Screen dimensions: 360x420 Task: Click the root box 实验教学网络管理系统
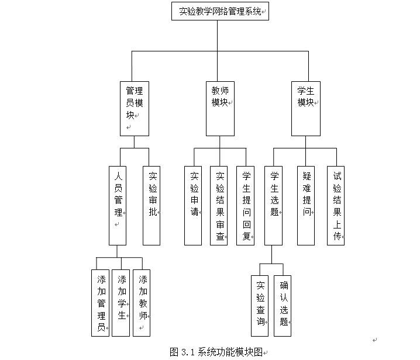(x=220, y=11)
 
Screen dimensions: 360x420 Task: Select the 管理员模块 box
(x=134, y=108)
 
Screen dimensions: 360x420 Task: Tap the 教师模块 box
(x=220, y=108)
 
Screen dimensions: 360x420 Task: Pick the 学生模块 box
(x=306, y=108)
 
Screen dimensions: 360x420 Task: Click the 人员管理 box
(x=118, y=205)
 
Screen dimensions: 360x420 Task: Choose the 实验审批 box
(x=152, y=205)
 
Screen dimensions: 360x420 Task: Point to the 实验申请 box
(x=193, y=205)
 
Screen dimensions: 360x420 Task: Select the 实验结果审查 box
(x=219, y=205)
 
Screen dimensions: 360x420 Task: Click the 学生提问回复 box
(x=246, y=205)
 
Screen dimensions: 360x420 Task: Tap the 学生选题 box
(x=273, y=205)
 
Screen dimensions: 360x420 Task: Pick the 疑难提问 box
(x=306, y=205)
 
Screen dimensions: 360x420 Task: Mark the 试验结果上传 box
(x=336, y=205)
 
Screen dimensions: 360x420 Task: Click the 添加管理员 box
(x=101, y=302)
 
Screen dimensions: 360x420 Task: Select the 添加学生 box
(x=121, y=302)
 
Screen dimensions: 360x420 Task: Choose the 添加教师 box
(x=142, y=302)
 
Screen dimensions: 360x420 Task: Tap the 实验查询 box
(x=260, y=306)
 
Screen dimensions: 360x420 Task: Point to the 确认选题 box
(x=283, y=306)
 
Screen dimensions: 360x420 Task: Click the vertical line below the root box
(x=218, y=35)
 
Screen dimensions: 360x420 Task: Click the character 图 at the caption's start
(x=174, y=352)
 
